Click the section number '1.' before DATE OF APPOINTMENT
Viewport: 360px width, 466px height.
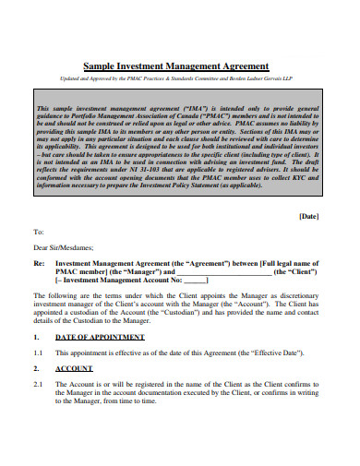pos(37,364)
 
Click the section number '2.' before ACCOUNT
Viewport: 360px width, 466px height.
pos(37,394)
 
